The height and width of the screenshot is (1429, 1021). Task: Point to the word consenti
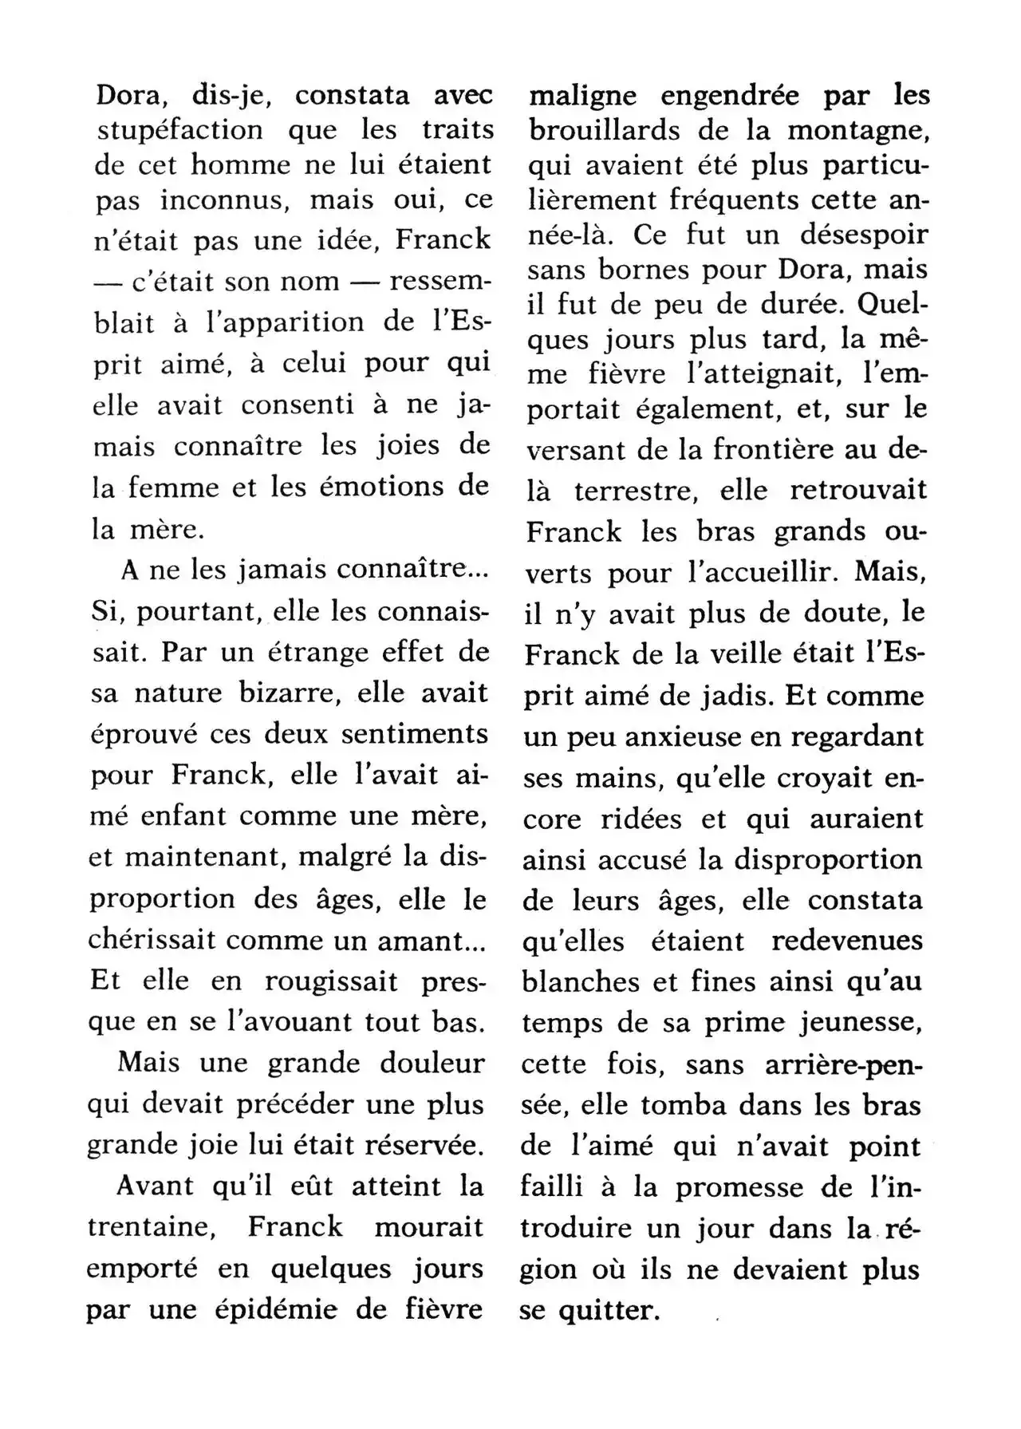(x=298, y=405)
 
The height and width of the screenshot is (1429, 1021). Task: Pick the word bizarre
(x=291, y=692)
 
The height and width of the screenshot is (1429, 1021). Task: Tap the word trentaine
(x=152, y=1227)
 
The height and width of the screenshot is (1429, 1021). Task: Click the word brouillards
(x=605, y=130)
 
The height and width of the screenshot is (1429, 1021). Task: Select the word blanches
(x=582, y=981)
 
